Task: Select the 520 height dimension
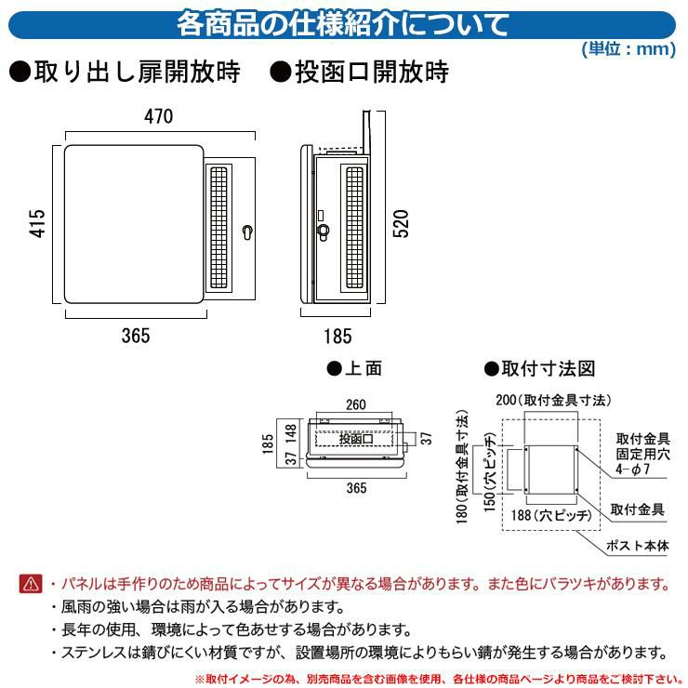coord(402,223)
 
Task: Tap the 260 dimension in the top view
coord(355,405)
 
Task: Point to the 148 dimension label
coord(291,434)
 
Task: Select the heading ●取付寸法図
coord(539,369)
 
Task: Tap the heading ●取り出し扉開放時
coord(129,73)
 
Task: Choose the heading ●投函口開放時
coord(361,73)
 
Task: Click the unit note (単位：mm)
coord(628,49)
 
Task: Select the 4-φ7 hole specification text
coord(641,471)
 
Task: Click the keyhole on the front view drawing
coord(247,232)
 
